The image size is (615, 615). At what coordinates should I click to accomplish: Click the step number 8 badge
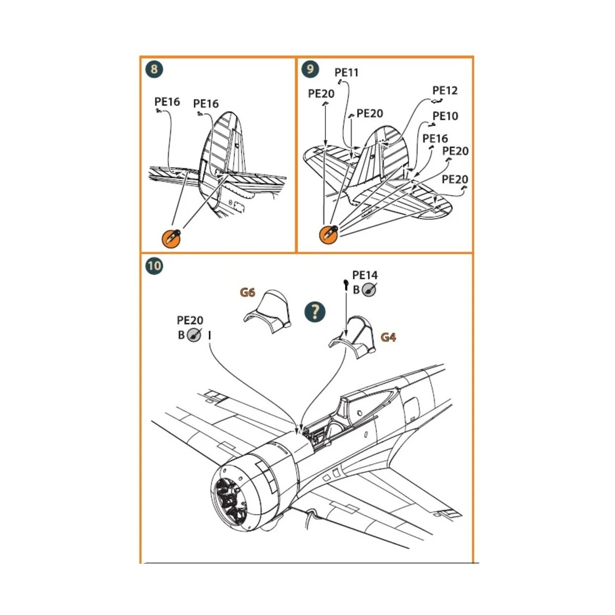coord(154,69)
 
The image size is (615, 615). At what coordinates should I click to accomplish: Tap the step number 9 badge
coord(310,69)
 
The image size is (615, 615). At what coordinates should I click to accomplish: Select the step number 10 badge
coord(154,266)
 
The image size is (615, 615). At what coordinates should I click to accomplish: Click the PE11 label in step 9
coord(346,72)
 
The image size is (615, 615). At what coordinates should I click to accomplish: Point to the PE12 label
coord(444,90)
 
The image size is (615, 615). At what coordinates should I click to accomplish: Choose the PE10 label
coord(445,116)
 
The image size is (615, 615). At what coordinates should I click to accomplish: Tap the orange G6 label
coord(248,293)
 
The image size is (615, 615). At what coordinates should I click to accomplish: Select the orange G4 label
coord(388,337)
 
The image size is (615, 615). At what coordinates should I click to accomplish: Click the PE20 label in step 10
coord(190,320)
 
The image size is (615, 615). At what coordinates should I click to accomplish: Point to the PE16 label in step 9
coord(435,138)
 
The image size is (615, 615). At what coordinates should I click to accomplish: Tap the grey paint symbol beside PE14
coord(369,290)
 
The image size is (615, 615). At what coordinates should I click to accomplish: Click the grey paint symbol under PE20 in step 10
coord(194,336)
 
